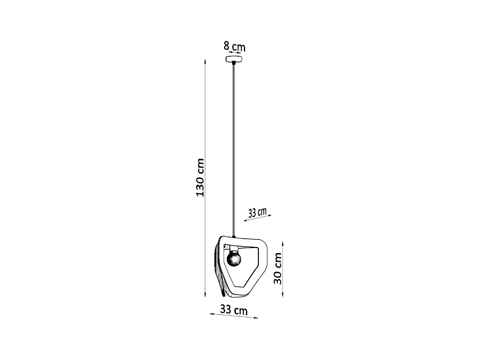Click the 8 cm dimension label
[x=234, y=46]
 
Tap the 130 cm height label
[x=200, y=178]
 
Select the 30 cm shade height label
[x=278, y=268]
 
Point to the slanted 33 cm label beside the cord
[x=257, y=212]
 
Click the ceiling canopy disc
[x=234, y=59]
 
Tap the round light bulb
[x=234, y=259]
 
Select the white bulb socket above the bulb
[x=234, y=248]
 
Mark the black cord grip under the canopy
[x=234, y=63]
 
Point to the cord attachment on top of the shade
[x=234, y=237]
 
